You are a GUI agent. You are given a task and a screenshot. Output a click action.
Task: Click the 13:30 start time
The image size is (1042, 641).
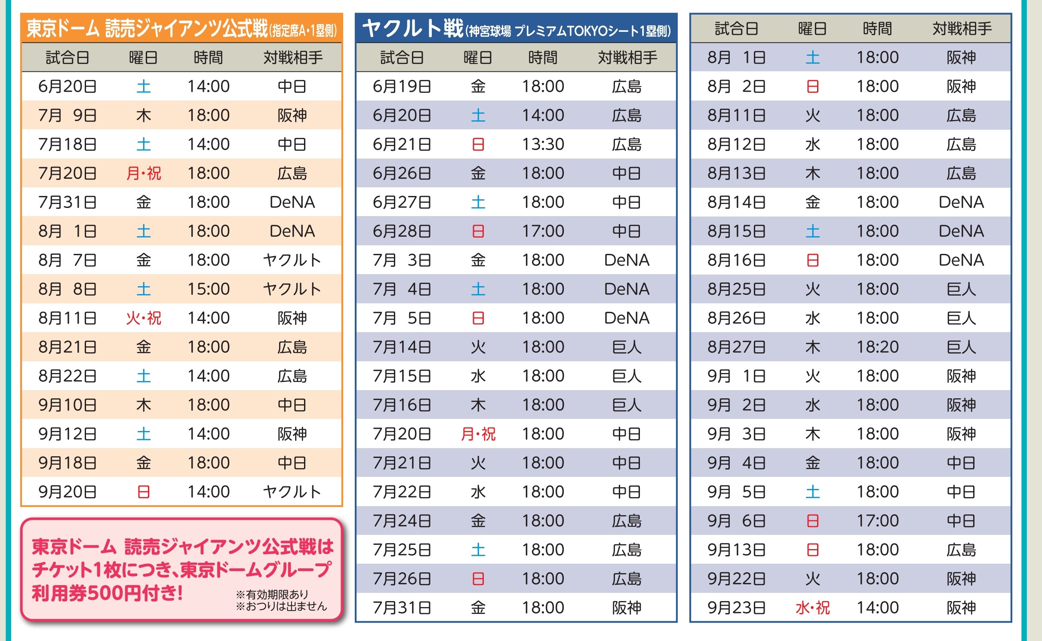click(x=543, y=144)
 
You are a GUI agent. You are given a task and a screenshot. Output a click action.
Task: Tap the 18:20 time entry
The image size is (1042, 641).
click(x=877, y=347)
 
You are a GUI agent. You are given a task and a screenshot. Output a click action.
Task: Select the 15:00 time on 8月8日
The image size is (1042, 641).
click(x=209, y=289)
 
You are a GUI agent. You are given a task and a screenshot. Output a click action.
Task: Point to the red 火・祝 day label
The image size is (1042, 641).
click(x=144, y=318)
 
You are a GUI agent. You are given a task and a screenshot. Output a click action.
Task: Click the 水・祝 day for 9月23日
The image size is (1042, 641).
click(x=812, y=607)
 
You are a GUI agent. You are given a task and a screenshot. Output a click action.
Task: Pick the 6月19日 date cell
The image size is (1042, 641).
click(x=402, y=86)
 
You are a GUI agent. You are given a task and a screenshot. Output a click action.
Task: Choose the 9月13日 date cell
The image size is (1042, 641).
click(x=736, y=549)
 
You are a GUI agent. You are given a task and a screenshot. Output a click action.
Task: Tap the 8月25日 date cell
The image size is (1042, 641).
click(x=736, y=289)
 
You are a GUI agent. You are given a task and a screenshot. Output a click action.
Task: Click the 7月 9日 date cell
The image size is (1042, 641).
click(x=67, y=115)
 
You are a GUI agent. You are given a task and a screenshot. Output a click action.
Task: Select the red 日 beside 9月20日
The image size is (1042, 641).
click(x=144, y=491)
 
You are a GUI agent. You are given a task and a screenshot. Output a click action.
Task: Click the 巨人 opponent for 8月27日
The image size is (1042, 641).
click(x=961, y=347)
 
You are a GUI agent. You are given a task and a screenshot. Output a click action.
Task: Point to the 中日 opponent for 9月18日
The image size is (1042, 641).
click(x=292, y=463)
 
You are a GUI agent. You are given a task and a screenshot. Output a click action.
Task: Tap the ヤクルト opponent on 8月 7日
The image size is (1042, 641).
click(x=292, y=260)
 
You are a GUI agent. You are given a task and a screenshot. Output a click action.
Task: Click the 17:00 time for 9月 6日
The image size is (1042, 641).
click(x=877, y=521)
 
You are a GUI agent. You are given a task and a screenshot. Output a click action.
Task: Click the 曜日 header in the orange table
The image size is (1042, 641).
click(x=144, y=58)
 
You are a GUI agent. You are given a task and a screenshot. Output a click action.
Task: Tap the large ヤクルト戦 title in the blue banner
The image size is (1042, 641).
click(x=412, y=28)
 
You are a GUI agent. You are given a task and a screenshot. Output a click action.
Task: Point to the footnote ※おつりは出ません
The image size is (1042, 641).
click(x=281, y=606)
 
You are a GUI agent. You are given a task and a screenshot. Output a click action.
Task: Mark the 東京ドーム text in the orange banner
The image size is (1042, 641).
click(x=63, y=29)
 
